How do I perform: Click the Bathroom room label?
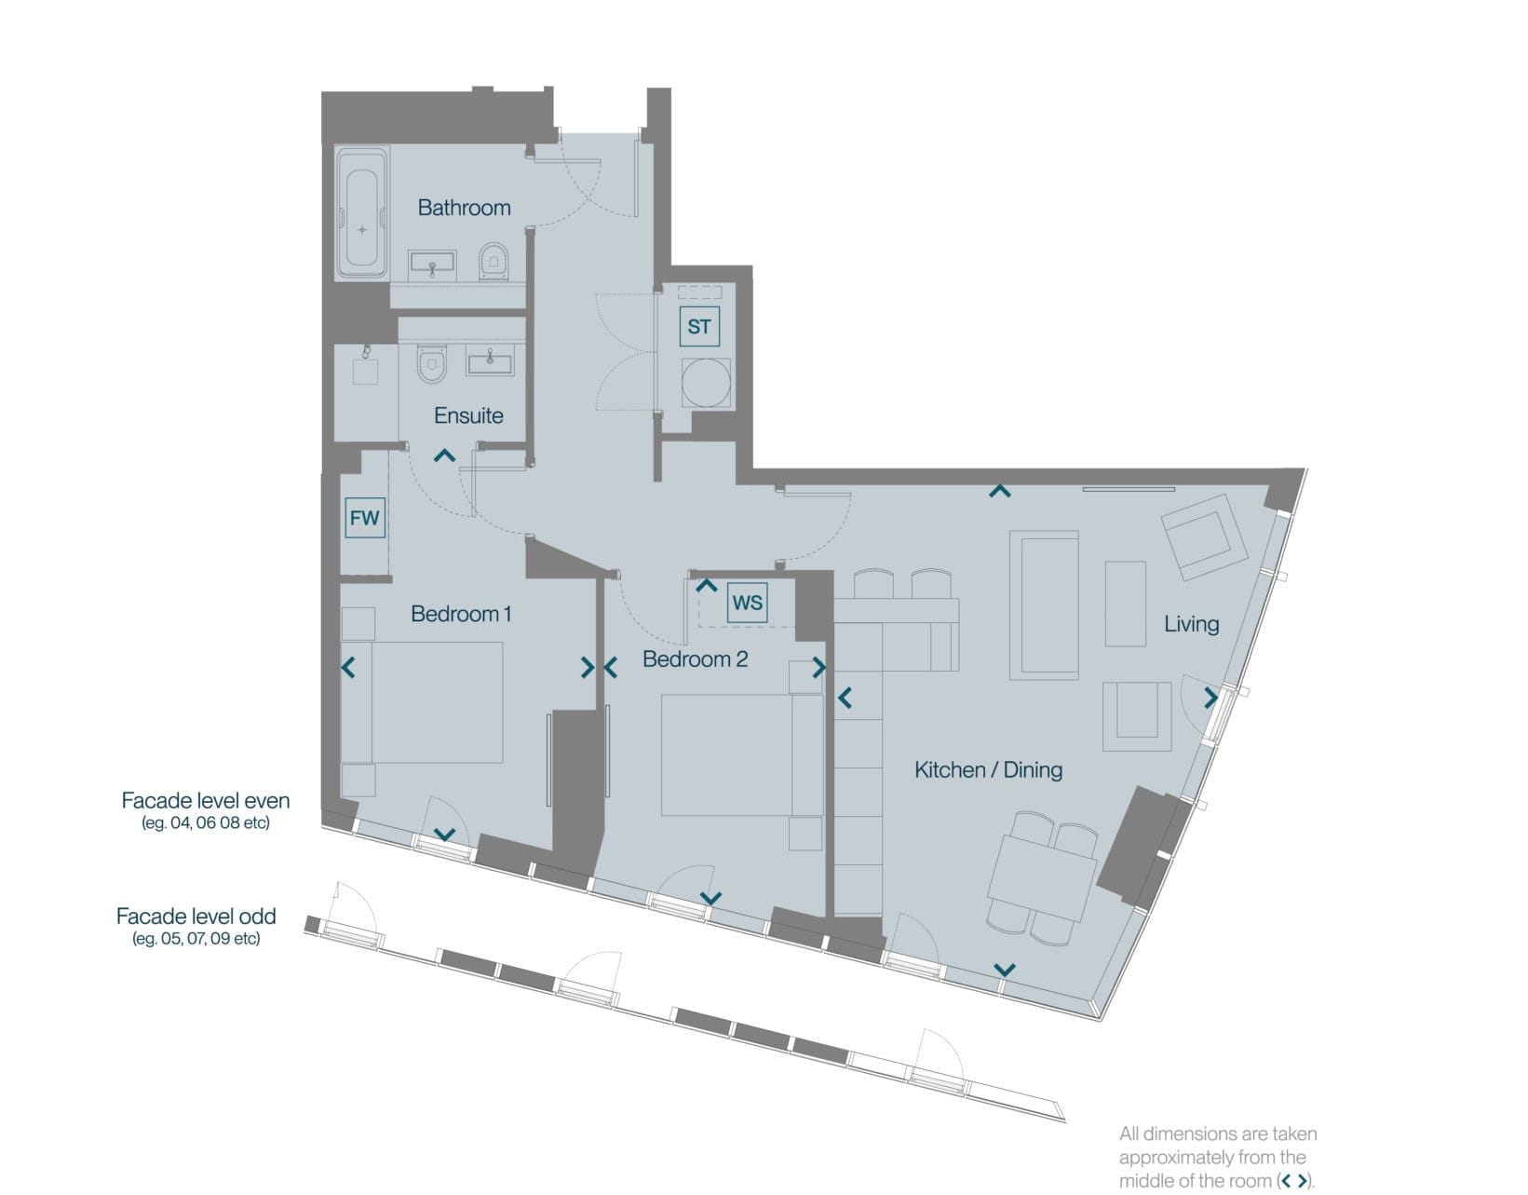(464, 208)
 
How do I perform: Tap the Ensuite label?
(468, 415)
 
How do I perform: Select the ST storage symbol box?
(699, 326)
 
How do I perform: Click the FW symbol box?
(365, 518)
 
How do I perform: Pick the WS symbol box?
(747, 602)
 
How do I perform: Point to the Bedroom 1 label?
(461, 614)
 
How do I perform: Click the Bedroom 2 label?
(695, 659)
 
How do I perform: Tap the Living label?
(1191, 624)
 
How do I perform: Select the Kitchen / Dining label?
(988, 769)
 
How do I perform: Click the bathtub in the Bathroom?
(362, 213)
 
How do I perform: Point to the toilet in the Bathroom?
(494, 262)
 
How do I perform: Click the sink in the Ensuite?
(490, 360)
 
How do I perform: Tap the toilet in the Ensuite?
(432, 363)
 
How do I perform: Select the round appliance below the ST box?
(705, 384)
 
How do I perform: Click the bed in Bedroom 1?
(422, 702)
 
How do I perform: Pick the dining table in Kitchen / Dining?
(1042, 877)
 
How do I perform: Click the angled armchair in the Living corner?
(1204, 537)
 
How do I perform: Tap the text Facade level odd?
(196, 916)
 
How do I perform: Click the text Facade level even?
(206, 800)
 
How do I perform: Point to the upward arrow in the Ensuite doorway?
(444, 455)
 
